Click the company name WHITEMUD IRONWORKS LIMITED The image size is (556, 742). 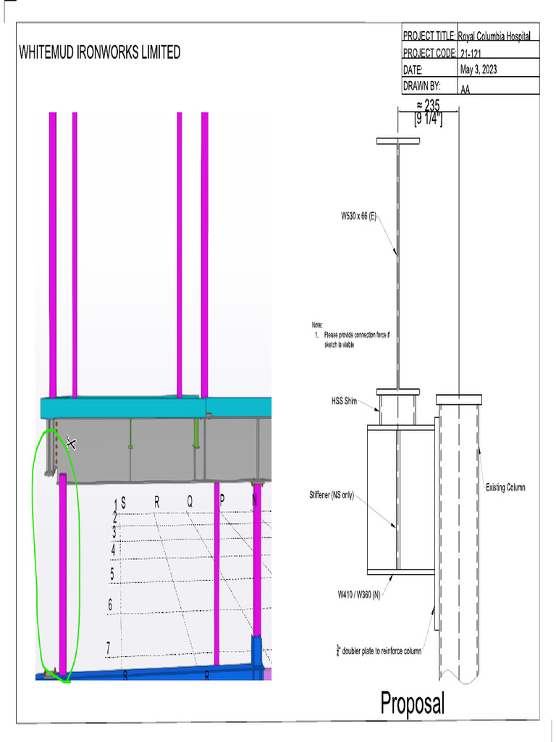point(99,52)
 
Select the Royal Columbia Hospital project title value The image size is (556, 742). point(498,36)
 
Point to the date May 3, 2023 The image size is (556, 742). point(478,70)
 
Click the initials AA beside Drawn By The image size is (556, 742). point(465,88)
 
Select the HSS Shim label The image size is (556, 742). point(345,401)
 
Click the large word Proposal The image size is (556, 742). point(413,702)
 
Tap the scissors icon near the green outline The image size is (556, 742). point(71,442)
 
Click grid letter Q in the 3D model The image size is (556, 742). point(190,501)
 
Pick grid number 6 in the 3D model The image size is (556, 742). point(110,604)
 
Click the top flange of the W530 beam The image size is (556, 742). point(397,141)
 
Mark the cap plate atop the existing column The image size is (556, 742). point(458,399)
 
